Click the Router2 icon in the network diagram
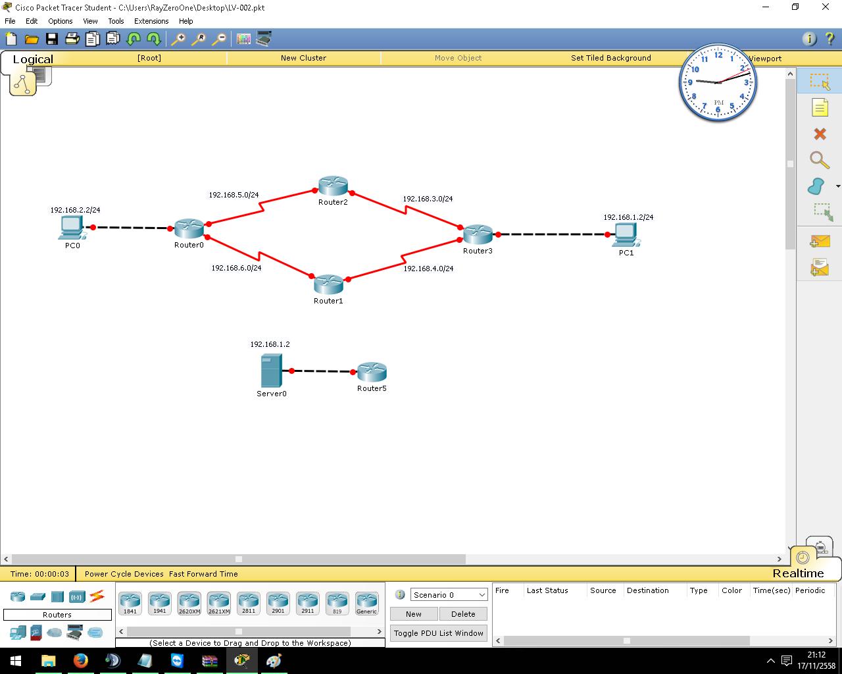[x=333, y=186]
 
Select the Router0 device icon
[x=189, y=228]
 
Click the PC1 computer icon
[x=626, y=236]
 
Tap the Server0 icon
[x=272, y=371]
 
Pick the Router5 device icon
[x=372, y=372]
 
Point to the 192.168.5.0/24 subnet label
[x=234, y=195]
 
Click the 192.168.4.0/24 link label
[x=428, y=269]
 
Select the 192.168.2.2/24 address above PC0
[x=75, y=210]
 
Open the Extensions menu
[x=151, y=21]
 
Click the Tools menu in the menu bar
[x=116, y=21]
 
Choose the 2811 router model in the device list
[x=249, y=603]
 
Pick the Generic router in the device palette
[x=366, y=603]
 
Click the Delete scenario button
[x=463, y=613]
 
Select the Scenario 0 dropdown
[x=449, y=595]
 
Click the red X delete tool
[x=820, y=134]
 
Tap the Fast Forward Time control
[x=203, y=574]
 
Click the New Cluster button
[x=303, y=58]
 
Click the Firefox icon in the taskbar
[x=81, y=661]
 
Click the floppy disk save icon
[x=52, y=39]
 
